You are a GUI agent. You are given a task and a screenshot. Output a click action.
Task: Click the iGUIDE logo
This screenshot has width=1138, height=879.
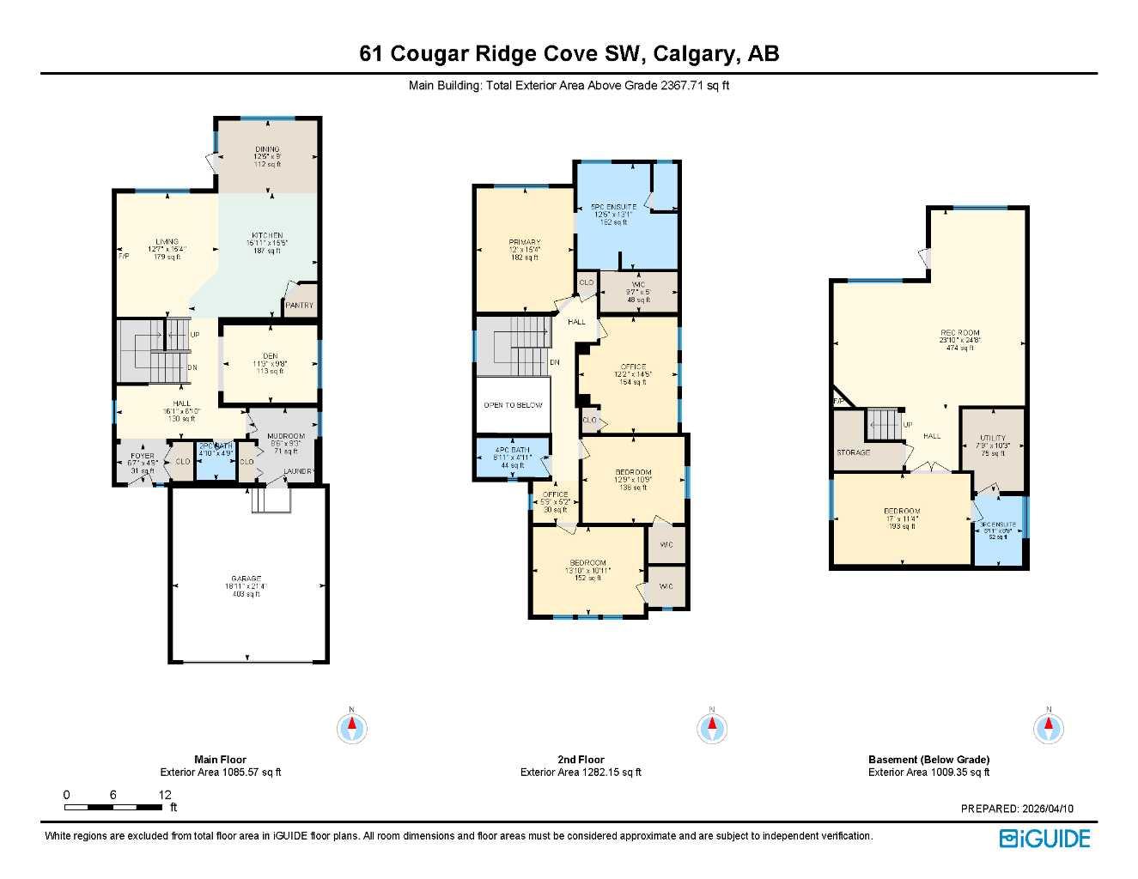click(x=1044, y=839)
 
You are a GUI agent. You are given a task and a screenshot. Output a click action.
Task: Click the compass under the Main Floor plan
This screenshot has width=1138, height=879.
click(x=351, y=729)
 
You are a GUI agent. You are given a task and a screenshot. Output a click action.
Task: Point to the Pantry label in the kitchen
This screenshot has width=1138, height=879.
click(x=300, y=306)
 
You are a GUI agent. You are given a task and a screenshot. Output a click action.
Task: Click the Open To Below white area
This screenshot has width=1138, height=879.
click(x=512, y=404)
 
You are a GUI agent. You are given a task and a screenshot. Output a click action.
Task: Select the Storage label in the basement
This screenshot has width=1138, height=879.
click(x=853, y=452)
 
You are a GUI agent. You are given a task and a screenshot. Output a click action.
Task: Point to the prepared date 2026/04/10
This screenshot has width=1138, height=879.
click(x=1047, y=809)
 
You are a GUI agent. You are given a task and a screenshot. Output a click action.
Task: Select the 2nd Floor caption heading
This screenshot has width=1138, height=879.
click(x=580, y=760)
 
